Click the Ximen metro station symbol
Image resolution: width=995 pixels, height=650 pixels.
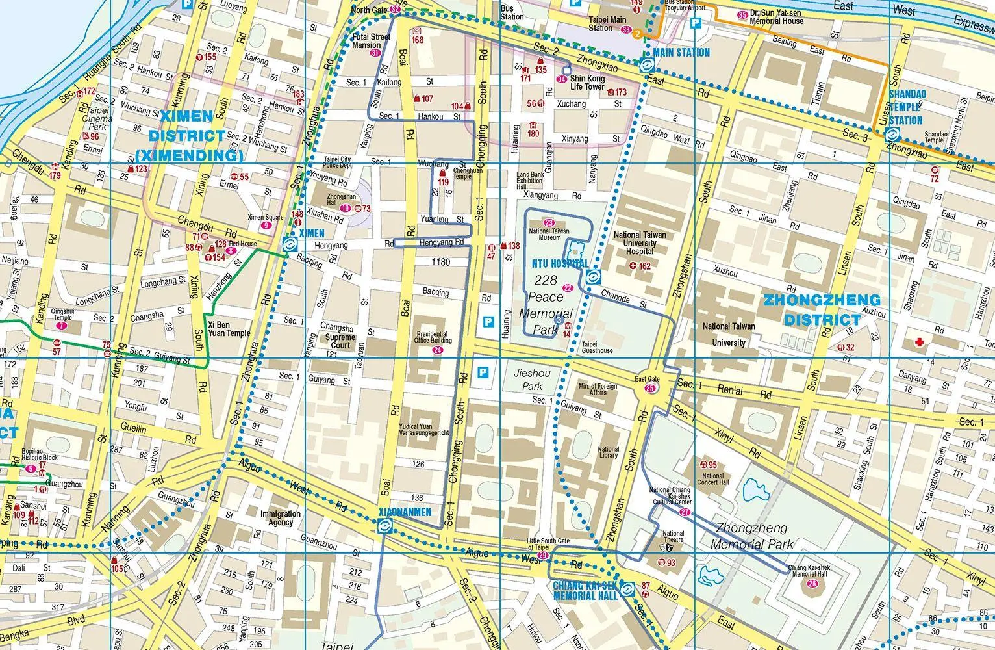[290, 244]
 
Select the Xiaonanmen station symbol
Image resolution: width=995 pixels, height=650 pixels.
[385, 526]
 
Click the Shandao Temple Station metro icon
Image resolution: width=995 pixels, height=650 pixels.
[892, 135]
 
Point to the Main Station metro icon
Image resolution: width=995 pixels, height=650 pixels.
[646, 65]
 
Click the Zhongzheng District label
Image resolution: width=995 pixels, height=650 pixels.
[822, 310]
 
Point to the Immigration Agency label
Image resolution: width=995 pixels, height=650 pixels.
[280, 517]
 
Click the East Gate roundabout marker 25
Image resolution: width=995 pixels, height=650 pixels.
[650, 389]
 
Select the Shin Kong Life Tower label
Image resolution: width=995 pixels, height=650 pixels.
[588, 83]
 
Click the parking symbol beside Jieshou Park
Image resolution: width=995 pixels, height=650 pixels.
[483, 372]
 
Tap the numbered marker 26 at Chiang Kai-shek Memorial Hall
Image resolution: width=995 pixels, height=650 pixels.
[813, 583]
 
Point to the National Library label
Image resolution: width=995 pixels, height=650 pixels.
[608, 453]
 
